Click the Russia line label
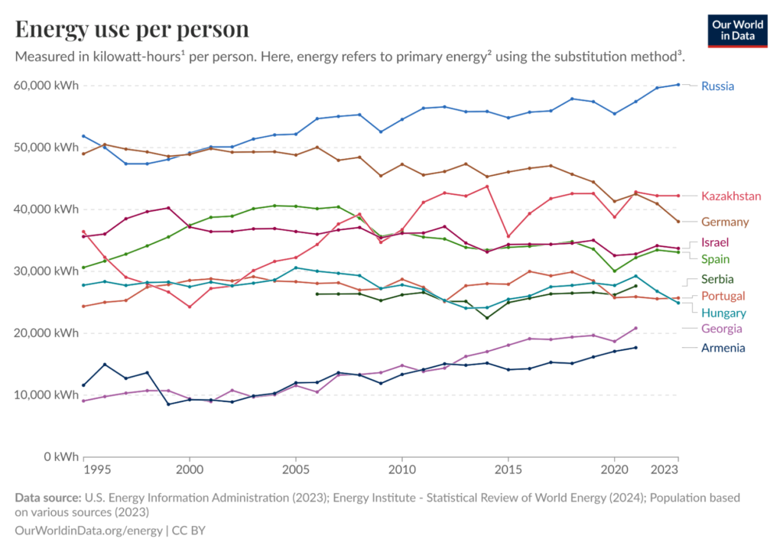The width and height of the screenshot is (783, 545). tap(717, 86)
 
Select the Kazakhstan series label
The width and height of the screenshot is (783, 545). tap(731, 196)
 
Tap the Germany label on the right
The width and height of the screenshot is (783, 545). tap(725, 222)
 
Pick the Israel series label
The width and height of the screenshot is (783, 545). tap(714, 243)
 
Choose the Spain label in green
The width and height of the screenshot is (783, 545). tap(715, 259)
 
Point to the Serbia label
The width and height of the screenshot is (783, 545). tap(717, 279)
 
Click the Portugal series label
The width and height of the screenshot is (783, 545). tap(723, 296)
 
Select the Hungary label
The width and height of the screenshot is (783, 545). tap(723, 313)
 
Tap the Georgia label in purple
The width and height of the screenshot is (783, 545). tap(721, 329)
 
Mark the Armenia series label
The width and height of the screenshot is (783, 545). tap(723, 348)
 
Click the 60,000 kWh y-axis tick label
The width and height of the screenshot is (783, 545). tap(47, 86)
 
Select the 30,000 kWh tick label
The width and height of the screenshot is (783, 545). tap(47, 271)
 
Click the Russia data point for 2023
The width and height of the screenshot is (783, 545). tap(678, 85)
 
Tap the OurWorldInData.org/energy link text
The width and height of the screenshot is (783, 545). tap(88, 530)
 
